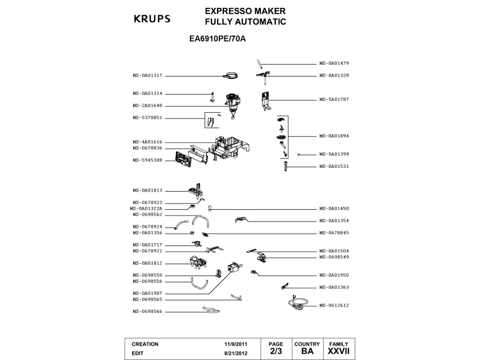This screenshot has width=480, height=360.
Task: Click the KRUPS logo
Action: (x=151, y=19)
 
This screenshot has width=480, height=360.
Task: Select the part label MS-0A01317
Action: (x=147, y=75)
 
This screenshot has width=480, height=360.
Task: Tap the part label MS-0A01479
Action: (x=334, y=63)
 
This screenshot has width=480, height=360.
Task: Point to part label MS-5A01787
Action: (x=334, y=99)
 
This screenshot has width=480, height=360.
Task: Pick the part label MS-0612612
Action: (x=334, y=305)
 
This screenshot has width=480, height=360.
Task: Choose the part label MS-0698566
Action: (x=147, y=311)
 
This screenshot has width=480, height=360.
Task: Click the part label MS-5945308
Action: (x=147, y=160)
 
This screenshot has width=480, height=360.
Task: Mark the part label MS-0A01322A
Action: (x=146, y=208)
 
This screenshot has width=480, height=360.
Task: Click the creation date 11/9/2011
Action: (x=236, y=344)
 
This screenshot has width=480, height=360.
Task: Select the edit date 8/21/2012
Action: (x=236, y=352)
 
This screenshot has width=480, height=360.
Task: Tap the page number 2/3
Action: (x=275, y=351)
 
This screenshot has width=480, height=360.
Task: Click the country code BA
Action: (x=307, y=351)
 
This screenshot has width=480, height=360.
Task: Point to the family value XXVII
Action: (x=339, y=351)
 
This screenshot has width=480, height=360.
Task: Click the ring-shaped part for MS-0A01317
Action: (x=231, y=75)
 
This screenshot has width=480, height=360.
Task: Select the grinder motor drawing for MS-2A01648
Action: (x=233, y=105)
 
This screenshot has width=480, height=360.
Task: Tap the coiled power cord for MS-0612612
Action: (x=299, y=304)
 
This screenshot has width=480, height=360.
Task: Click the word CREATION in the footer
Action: (x=145, y=344)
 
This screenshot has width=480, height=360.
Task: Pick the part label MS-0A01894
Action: (x=334, y=135)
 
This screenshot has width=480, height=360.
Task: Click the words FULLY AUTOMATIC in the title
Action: (x=245, y=22)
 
